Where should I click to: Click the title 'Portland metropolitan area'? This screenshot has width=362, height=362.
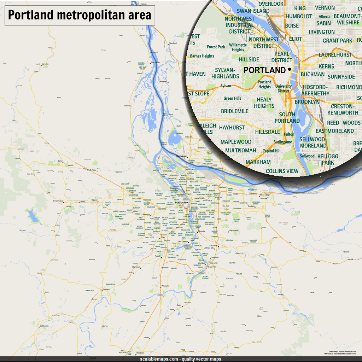pyautogui.click(x=80, y=15)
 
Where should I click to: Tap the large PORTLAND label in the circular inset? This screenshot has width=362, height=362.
pyautogui.click(x=264, y=70)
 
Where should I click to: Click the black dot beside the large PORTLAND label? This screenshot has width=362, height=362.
pyautogui.click(x=290, y=70)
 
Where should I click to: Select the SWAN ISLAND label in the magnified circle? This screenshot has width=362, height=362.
pyautogui.click(x=253, y=11)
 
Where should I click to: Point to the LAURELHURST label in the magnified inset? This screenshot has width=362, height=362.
pyautogui.click(x=335, y=55)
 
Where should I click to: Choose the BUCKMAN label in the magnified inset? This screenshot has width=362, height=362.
pyautogui.click(x=313, y=75)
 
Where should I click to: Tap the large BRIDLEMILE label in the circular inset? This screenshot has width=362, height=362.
pyautogui.click(x=234, y=111)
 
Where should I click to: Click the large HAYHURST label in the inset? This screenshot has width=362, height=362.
pyautogui.click(x=232, y=127)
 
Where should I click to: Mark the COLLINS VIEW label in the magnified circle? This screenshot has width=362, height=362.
pyautogui.click(x=282, y=171)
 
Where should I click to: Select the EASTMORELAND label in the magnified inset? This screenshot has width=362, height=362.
pyautogui.click(x=334, y=131)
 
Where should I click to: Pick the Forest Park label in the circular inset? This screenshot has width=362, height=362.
pyautogui.click(x=216, y=47)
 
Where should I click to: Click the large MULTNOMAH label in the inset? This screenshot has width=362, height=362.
pyautogui.click(x=241, y=151)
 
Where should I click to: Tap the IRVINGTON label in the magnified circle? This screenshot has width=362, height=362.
pyautogui.click(x=321, y=32)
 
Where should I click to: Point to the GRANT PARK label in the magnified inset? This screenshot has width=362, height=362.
pyautogui.click(x=338, y=41)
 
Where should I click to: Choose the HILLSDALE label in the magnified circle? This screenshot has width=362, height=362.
pyautogui.click(x=268, y=132)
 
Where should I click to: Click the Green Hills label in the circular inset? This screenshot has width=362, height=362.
pyautogui.click(x=232, y=98)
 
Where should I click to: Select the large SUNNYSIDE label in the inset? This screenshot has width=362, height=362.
pyautogui.click(x=341, y=77)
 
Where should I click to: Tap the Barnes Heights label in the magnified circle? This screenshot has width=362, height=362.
pyautogui.click(x=202, y=56)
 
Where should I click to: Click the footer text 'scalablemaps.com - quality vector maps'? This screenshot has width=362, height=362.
pyautogui.click(x=181, y=359)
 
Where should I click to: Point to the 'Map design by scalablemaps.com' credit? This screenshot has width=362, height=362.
pyautogui.click(x=342, y=351)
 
